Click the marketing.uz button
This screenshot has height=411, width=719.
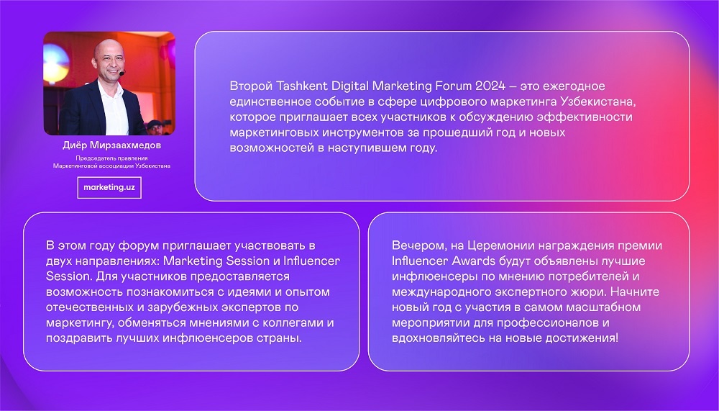coord(109,187)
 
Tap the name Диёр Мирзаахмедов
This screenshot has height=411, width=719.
coord(112,145)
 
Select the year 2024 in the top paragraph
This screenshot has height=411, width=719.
coord(490,86)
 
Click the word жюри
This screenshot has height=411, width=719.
coord(593,292)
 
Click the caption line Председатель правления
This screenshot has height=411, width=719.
coord(112,158)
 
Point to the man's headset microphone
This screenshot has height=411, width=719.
coord(122,73)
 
